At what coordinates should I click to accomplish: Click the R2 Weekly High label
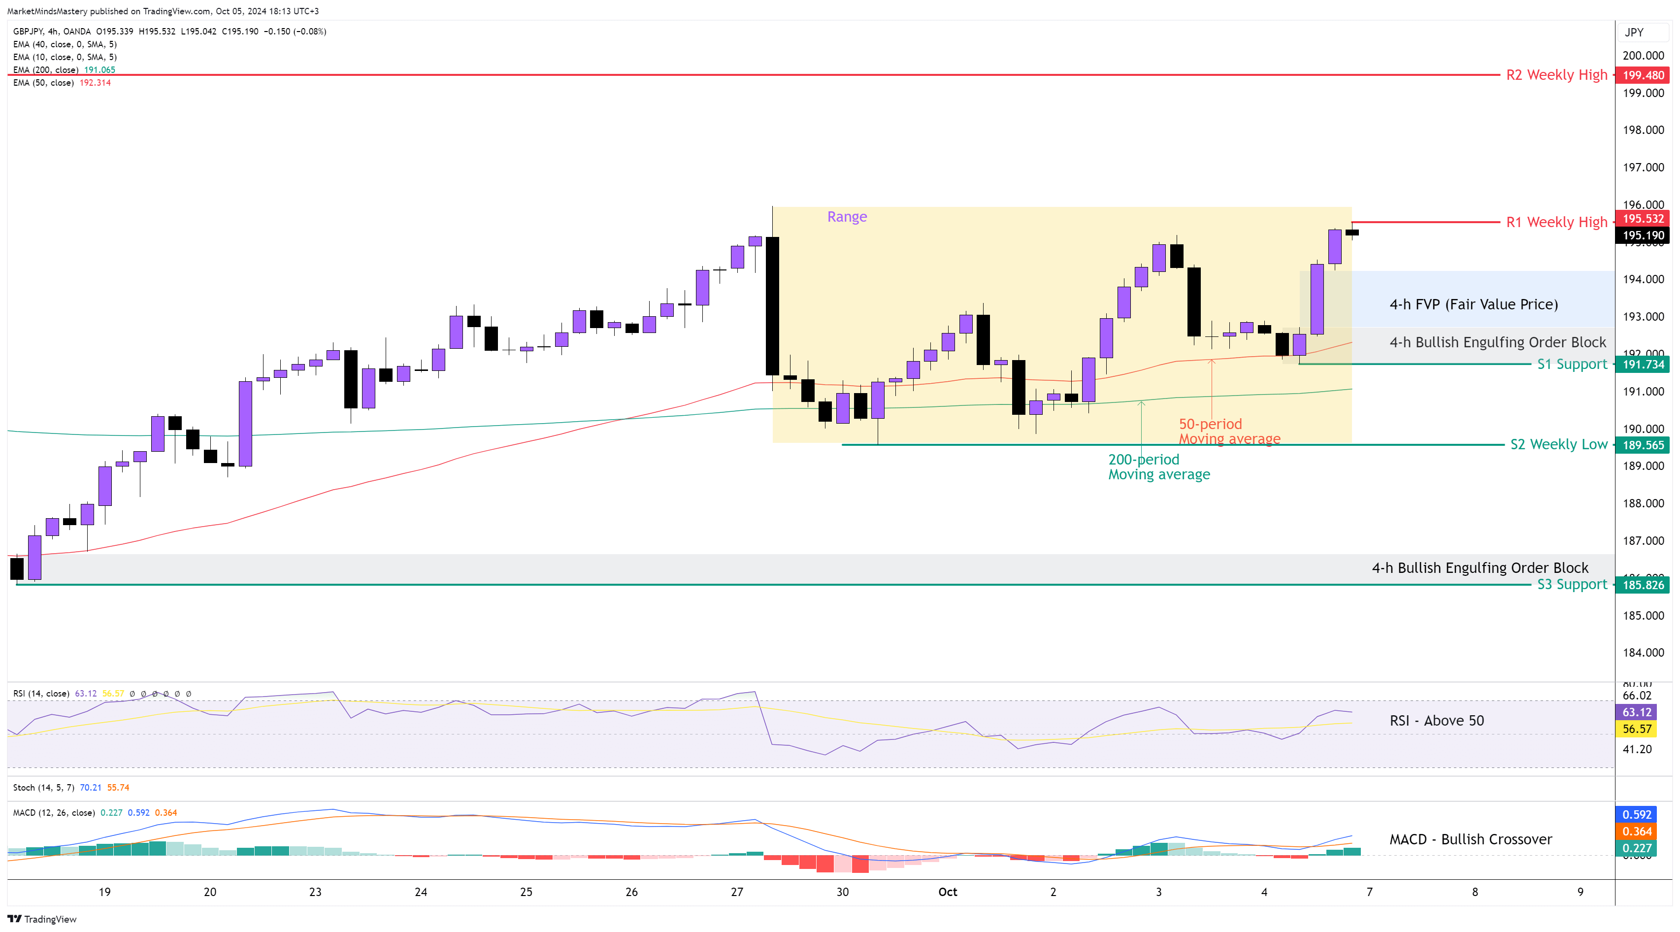(1556, 75)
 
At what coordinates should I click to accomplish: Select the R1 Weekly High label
(1556, 222)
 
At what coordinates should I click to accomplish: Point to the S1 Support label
(1572, 364)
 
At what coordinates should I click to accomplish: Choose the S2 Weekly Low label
(1559, 445)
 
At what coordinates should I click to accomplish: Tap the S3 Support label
(1572, 584)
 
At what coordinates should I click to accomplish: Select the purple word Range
(847, 217)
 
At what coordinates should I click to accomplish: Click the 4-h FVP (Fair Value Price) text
(1473, 304)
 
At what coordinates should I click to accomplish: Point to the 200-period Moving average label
(1158, 467)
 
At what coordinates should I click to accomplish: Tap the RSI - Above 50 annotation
(1436, 721)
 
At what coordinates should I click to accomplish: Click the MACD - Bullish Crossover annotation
(1470, 839)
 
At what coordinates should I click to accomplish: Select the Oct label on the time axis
(947, 892)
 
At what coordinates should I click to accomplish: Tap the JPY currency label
(1634, 33)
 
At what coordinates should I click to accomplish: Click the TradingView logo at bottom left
(42, 919)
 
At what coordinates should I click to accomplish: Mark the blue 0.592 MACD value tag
(1636, 815)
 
